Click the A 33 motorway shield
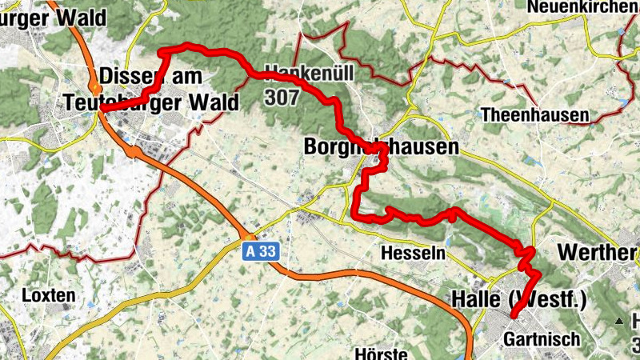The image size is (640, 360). coord(262,251)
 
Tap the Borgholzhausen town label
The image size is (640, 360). coord(382,147)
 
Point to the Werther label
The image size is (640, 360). coord(597,253)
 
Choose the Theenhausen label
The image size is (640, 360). coord(534,114)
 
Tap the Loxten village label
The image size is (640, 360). coord(49,295)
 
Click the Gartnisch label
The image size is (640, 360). coord(542,339)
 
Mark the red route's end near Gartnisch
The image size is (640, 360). coord(514,316)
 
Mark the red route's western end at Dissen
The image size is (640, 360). coord(102,109)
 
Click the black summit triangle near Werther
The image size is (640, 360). coord(619,321)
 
